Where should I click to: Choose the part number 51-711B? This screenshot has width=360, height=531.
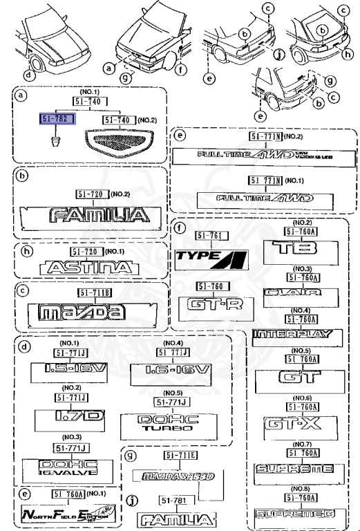click(x=86, y=292)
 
